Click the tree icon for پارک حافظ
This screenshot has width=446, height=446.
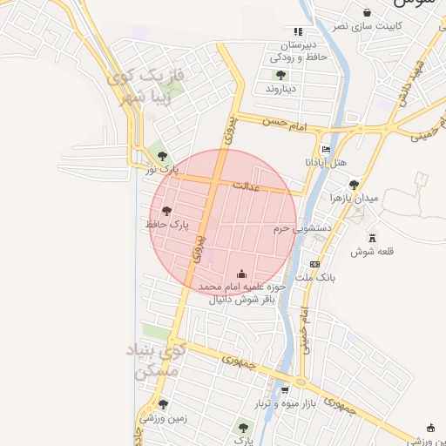[166, 210]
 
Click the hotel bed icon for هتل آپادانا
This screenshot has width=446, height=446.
[326, 149]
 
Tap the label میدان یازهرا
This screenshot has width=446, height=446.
[355, 199]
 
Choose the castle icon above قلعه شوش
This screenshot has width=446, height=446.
[372, 238]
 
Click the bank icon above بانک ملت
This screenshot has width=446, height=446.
[314, 264]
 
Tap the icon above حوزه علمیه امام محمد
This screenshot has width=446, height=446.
[241, 273]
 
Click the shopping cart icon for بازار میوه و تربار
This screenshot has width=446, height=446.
[286, 390]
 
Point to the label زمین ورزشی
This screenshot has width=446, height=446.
[163, 417]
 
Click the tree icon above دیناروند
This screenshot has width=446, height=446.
[280, 75]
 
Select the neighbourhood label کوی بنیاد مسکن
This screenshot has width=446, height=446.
[155, 361]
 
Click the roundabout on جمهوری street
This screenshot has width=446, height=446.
[301, 382]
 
